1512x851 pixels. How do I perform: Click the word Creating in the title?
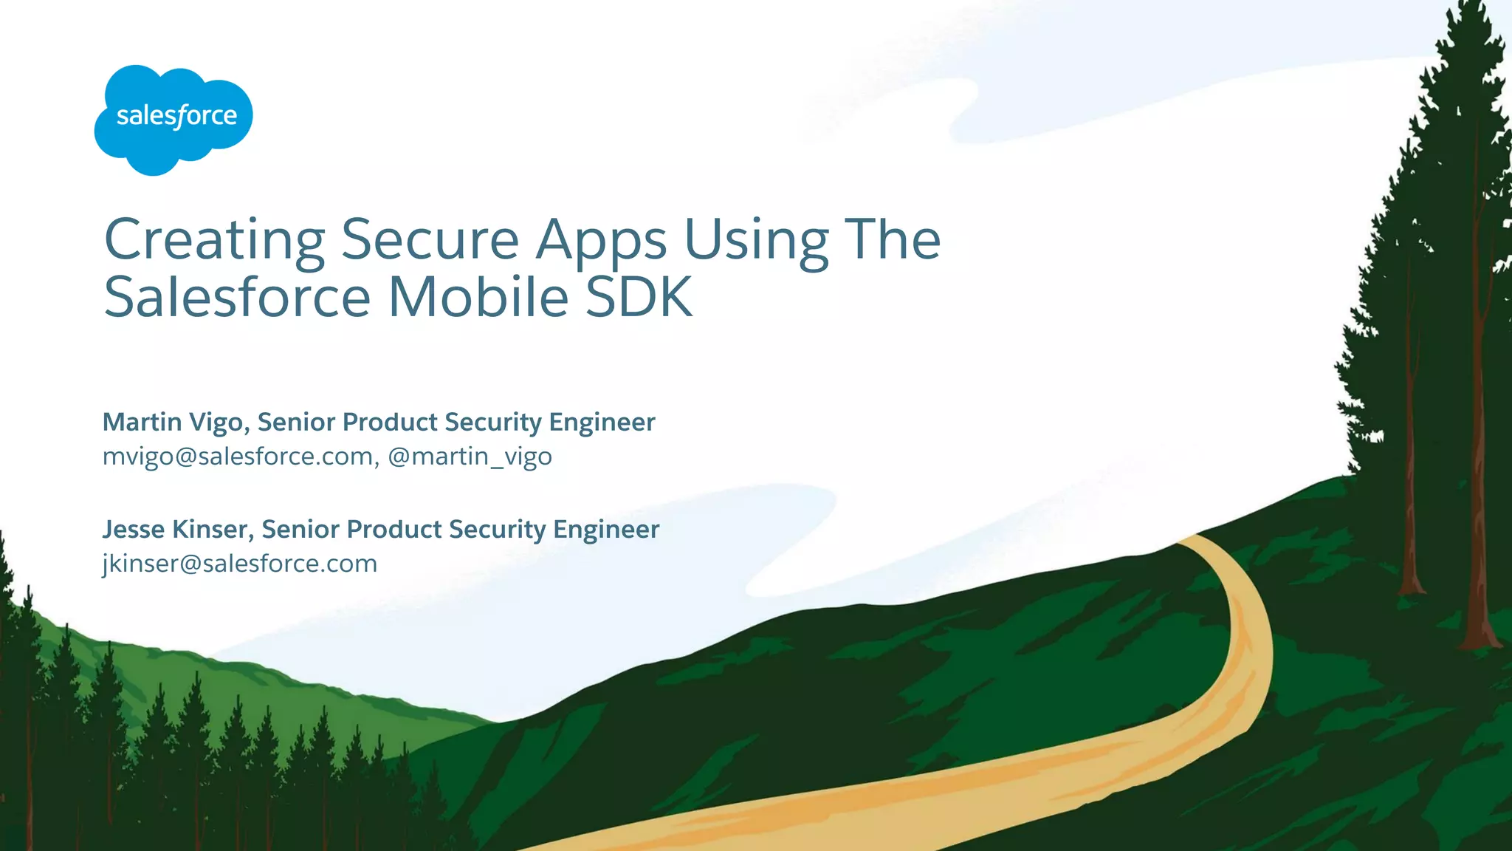coord(214,240)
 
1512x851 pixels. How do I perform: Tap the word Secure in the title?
coord(430,240)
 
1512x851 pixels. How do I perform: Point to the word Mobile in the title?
coord(478,297)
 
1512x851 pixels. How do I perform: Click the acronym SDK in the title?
coord(639,297)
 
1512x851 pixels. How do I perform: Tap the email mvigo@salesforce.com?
coord(238,457)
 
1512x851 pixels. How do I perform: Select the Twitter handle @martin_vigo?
coord(470,457)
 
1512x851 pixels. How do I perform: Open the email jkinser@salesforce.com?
coord(240,564)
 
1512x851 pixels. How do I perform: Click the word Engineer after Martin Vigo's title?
coord(602,423)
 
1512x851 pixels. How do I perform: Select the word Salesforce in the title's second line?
coord(237,297)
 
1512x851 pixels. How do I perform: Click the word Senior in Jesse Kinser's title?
coord(299,530)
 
